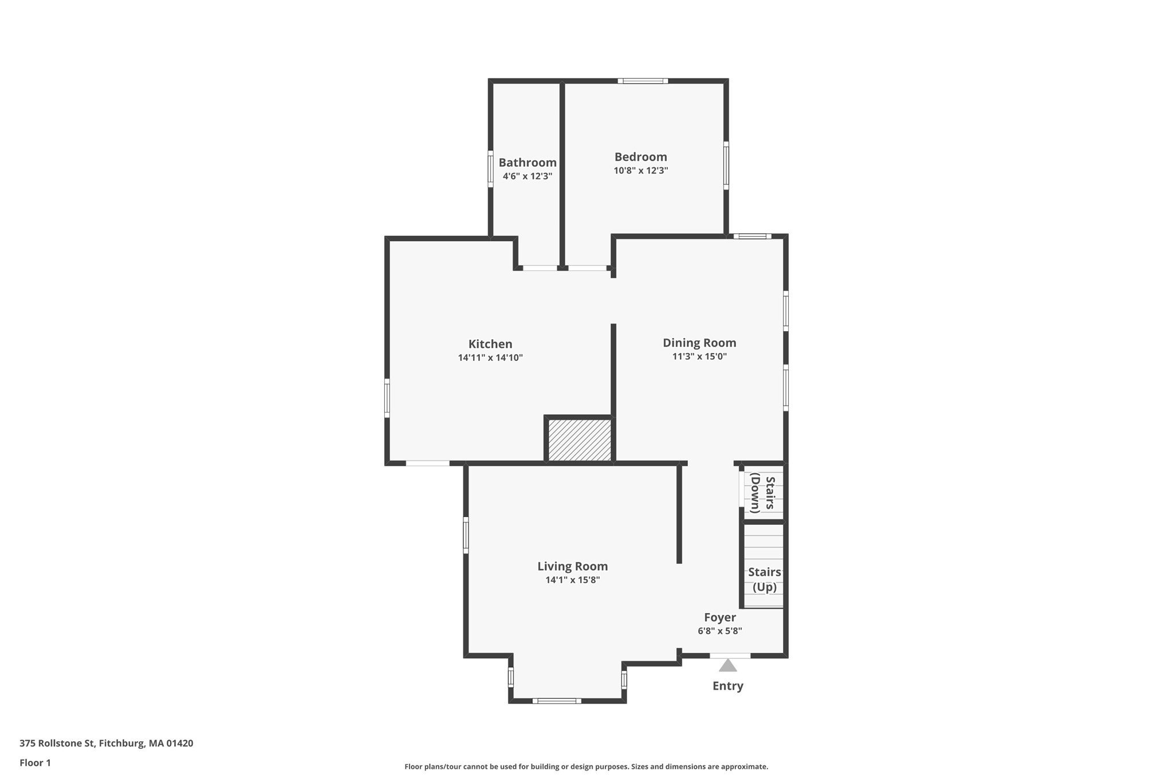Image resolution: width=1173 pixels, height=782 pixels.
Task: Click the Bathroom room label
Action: pos(527,163)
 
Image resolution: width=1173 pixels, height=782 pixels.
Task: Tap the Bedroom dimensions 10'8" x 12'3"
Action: pos(640,171)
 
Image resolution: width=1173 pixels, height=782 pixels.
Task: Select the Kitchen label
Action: pos(490,344)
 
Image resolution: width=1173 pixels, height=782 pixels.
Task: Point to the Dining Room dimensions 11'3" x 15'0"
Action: pos(699,356)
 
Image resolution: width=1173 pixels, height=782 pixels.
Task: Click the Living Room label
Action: pos(572,566)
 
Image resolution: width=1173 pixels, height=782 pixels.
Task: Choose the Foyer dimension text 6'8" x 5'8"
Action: pos(719,631)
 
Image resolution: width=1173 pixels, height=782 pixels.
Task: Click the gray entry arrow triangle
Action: pos(727,666)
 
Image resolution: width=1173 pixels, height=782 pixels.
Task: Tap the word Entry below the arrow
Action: pos(727,686)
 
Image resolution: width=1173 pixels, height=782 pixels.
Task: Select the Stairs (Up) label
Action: pos(764,579)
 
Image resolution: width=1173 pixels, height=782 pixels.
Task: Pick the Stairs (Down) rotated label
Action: pos(763,493)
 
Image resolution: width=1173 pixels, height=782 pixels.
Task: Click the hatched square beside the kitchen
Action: pos(580,440)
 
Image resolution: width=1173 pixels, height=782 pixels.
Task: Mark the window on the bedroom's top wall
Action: pos(643,81)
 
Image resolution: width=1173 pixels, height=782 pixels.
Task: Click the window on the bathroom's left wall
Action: pos(490,168)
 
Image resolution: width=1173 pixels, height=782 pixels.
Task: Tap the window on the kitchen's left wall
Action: pos(387,398)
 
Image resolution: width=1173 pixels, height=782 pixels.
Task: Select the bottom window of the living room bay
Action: pos(556,701)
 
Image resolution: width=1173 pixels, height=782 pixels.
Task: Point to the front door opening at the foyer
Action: pos(730,655)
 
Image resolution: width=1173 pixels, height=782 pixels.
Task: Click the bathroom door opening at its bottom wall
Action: pos(540,268)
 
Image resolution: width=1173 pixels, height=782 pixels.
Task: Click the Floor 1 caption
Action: pos(35,763)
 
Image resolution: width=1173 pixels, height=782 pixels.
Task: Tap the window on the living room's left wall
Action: pos(466,535)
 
